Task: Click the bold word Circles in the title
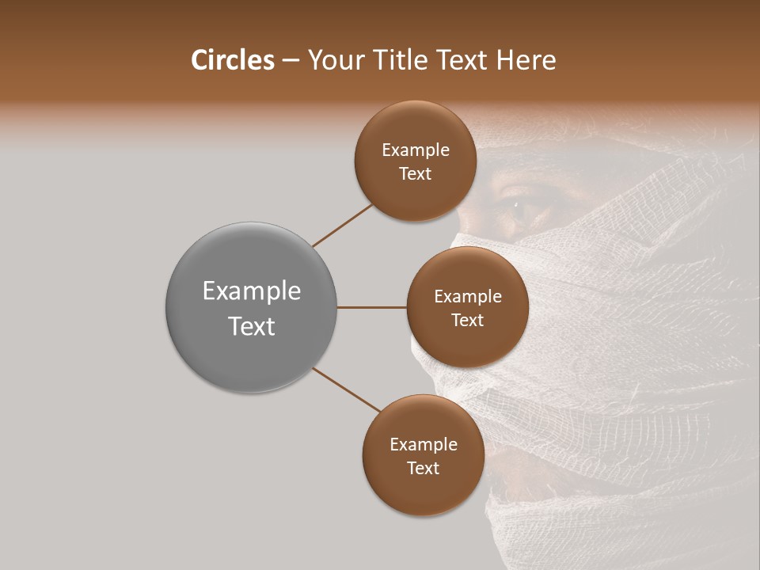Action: [233, 60]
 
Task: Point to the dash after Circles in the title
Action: [291, 61]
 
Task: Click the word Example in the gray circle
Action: [251, 291]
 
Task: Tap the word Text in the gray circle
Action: [251, 326]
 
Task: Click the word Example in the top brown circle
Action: [415, 150]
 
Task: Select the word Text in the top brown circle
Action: [415, 174]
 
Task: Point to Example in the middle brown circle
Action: [467, 297]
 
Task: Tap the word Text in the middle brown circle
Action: [467, 321]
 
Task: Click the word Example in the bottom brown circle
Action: [423, 445]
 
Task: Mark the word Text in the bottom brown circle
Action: [423, 469]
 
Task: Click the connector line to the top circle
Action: [342, 226]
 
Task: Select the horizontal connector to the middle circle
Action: [371, 307]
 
